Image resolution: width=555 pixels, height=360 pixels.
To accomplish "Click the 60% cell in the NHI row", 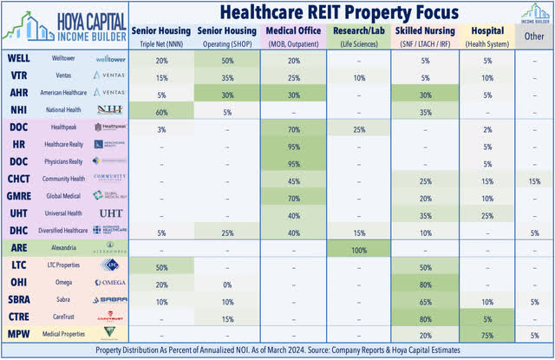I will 162,112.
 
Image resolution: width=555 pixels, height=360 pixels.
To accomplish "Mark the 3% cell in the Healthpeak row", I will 162,128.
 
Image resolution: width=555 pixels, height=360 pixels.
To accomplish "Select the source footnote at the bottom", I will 277,350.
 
